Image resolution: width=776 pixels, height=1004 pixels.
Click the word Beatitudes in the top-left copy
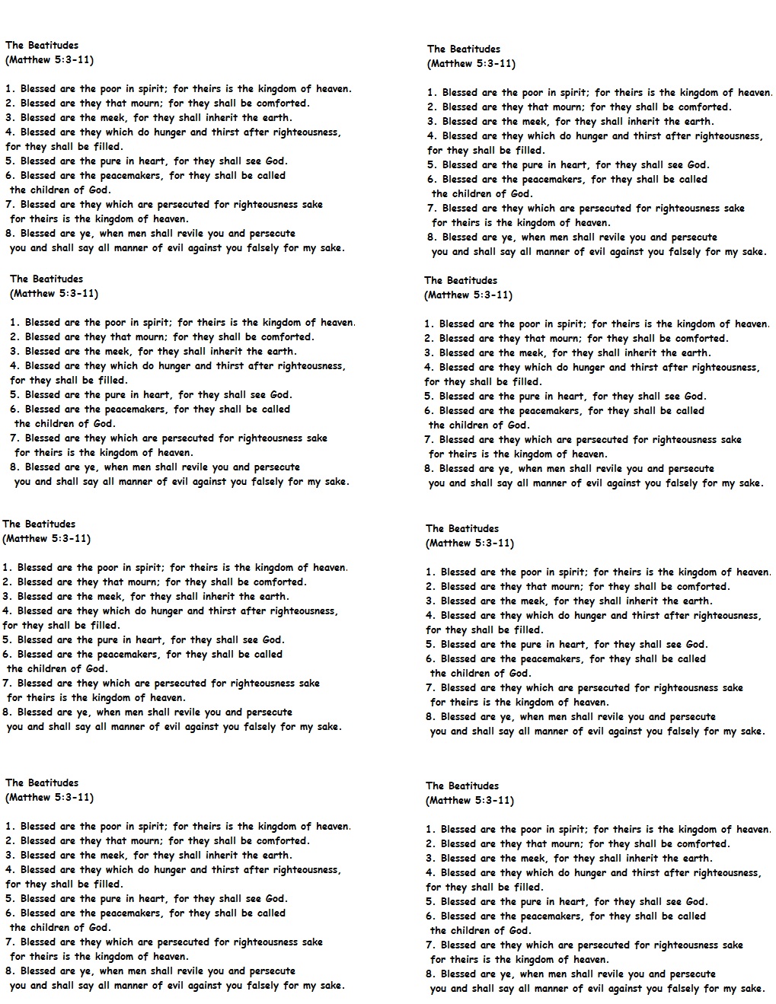tap(53, 45)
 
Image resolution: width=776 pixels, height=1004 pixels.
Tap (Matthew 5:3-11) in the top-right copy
tap(471, 64)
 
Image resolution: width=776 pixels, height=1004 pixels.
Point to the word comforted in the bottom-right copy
tap(704, 844)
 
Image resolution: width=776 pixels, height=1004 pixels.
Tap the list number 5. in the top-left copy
tap(10, 161)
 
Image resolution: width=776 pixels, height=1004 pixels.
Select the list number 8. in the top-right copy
tap(432, 237)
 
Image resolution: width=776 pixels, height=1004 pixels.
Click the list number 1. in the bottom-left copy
tap(10, 827)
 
